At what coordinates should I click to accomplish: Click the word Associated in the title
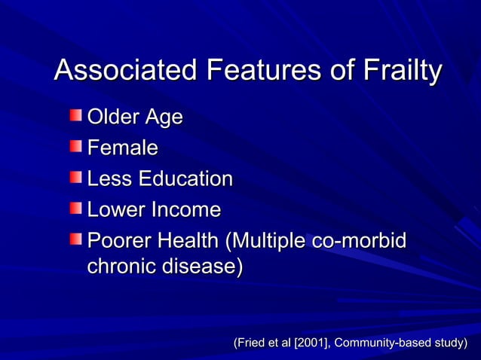(x=125, y=72)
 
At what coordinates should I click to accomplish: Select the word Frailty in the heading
(x=400, y=72)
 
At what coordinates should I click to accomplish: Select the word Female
(x=123, y=148)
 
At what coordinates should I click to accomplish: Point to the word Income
(x=188, y=210)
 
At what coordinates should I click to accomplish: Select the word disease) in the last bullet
(x=204, y=267)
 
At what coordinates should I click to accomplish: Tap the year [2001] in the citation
(x=311, y=344)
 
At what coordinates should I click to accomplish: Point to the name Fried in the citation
(x=250, y=344)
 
